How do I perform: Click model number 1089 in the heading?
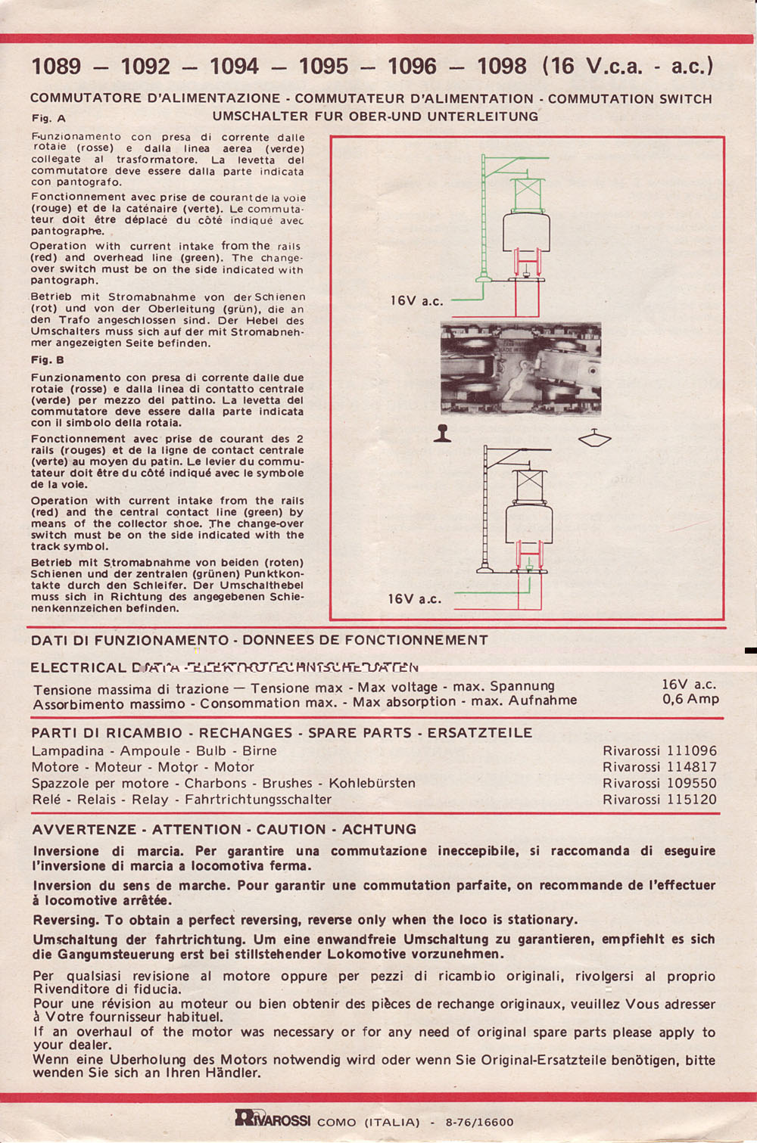point(56,67)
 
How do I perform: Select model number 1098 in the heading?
point(501,67)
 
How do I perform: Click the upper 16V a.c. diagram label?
point(416,301)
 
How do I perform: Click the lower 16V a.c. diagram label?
point(414,599)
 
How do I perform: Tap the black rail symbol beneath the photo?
point(443,433)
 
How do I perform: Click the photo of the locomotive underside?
point(521,368)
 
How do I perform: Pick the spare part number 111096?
point(691,751)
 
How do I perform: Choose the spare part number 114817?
point(691,767)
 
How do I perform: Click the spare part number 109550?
point(691,784)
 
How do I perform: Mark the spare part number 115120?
point(691,800)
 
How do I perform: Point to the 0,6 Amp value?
point(690,700)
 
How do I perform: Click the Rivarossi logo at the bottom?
point(273,1118)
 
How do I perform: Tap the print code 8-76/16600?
point(479,1123)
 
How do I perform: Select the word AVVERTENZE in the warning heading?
point(84,830)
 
